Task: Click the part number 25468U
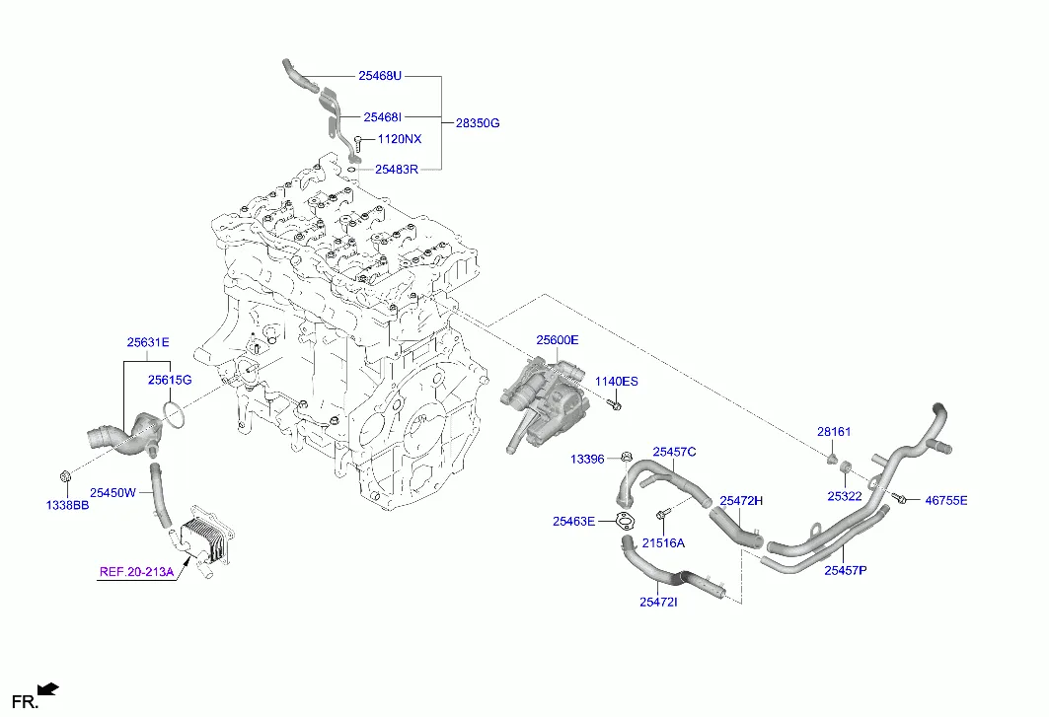click(x=380, y=76)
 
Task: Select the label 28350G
click(x=478, y=123)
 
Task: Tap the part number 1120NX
click(x=400, y=139)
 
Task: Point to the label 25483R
click(x=397, y=170)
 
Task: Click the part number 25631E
click(x=149, y=342)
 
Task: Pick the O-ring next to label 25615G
click(x=174, y=415)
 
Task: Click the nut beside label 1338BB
click(x=65, y=477)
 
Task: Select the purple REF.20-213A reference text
click(x=136, y=572)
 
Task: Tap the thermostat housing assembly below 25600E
click(x=546, y=403)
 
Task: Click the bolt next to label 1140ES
click(x=614, y=404)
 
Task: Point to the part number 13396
click(x=587, y=459)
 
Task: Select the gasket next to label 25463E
click(x=624, y=520)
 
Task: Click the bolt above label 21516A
click(x=662, y=515)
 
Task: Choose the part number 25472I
click(x=658, y=602)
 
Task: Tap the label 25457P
click(x=846, y=570)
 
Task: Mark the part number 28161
click(x=834, y=432)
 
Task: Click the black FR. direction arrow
click(x=48, y=689)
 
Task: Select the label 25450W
click(x=113, y=493)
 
